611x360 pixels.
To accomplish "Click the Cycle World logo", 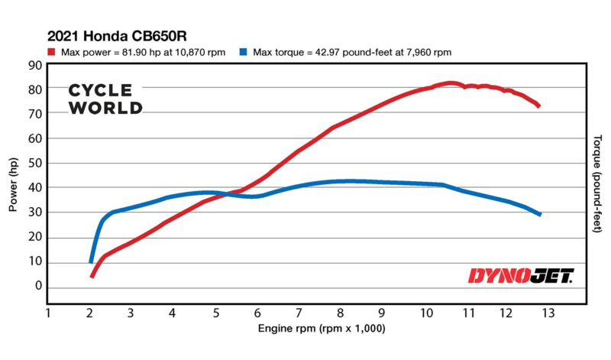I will point(105,99).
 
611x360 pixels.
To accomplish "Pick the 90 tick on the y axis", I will point(35,65).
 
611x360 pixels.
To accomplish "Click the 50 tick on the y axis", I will point(35,163).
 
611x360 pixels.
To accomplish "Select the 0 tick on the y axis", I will point(37,286).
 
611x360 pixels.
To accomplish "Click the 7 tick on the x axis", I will point(299,313).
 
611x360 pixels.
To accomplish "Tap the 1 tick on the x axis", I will point(47,313).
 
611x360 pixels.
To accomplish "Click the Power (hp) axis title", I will point(13,186).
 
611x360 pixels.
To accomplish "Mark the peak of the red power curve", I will point(451,83).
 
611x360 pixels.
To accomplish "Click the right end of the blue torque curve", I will point(540,214).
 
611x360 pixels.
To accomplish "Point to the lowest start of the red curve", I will point(92,275).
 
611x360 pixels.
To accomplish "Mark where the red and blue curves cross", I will point(221,194).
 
